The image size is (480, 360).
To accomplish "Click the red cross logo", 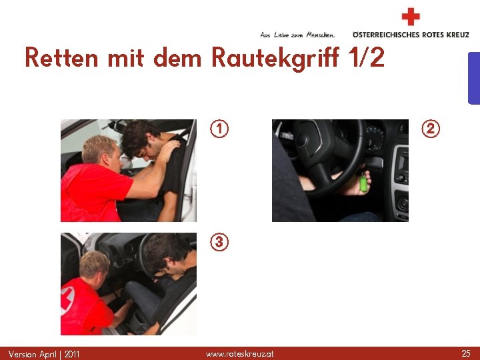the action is point(411,17).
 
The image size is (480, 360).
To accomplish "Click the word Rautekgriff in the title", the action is point(275,58).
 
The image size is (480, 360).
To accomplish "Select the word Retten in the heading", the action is point(61,57).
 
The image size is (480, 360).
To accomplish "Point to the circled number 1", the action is point(219,129).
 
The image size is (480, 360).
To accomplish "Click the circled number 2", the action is point(431,129).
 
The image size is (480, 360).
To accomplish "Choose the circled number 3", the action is point(219,242).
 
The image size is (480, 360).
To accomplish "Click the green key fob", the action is point(363,183).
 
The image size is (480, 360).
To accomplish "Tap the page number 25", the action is point(466,353).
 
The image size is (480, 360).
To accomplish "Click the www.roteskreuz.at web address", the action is point(240,354).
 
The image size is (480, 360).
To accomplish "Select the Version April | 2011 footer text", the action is point(44,354).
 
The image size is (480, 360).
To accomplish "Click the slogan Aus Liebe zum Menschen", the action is point(297,35).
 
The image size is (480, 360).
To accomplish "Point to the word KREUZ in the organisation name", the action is point(457,35).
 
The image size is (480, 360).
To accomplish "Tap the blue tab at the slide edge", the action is point(474,79).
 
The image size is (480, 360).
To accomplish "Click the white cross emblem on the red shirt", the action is point(67,301).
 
